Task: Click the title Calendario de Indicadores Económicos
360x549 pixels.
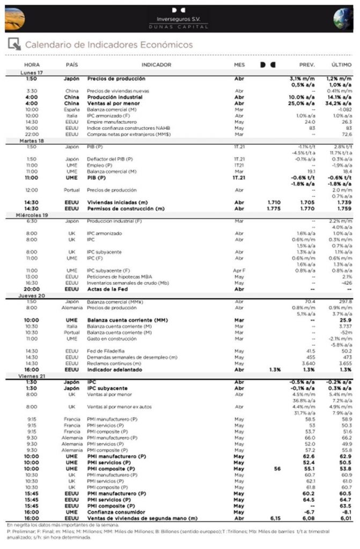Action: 109,44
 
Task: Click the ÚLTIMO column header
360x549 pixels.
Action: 341,65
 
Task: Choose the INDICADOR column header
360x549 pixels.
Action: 156,65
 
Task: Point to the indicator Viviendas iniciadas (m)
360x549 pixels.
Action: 118,202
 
